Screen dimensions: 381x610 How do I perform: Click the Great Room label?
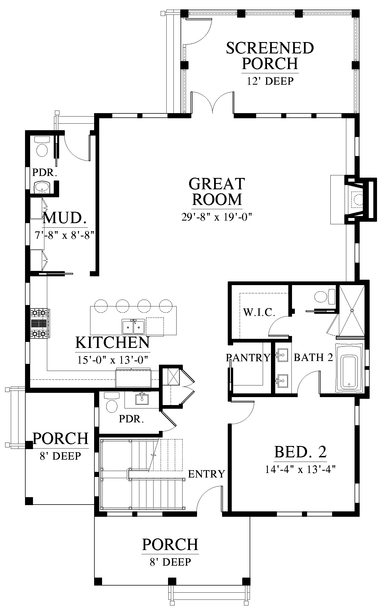coord(217,191)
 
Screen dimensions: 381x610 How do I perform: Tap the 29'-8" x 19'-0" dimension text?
coord(217,217)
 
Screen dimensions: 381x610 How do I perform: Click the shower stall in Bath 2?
coord(352,310)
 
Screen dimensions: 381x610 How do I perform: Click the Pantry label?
coord(248,357)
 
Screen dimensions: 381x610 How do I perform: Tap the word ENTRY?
coord(206,474)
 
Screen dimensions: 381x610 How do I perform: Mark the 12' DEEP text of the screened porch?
coord(270,81)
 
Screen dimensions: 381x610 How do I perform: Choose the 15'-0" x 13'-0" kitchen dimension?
coord(113,360)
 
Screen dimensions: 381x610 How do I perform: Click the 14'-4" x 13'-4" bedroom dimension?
coord(301,469)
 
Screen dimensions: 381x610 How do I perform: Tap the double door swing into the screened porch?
coord(213,102)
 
